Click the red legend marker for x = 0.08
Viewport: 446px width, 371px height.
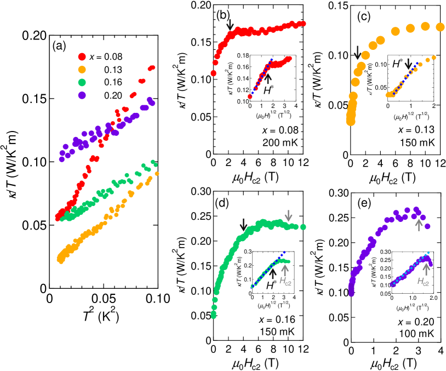tap(82, 56)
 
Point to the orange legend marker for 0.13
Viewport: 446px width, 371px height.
tap(82, 69)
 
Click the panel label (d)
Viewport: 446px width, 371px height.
tap(222, 202)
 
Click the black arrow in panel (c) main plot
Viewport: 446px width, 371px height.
tap(358, 52)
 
